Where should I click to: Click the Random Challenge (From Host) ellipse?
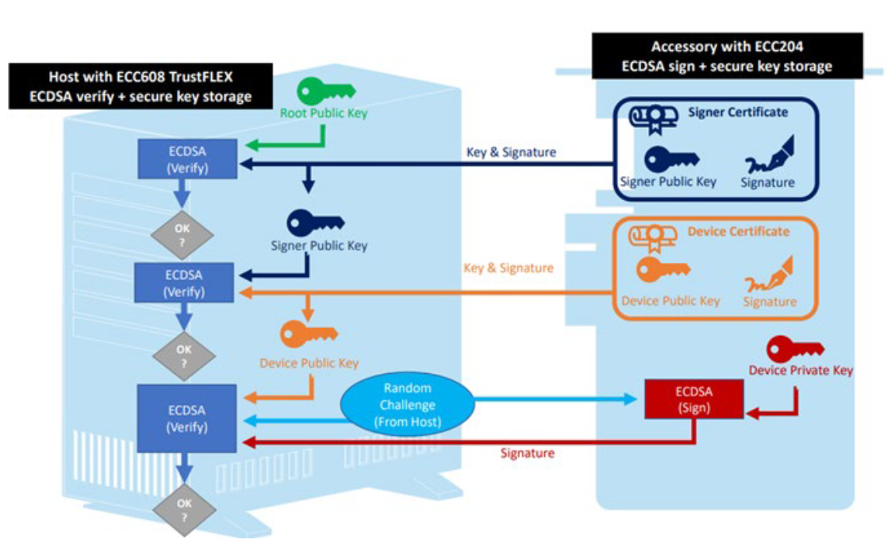point(408,405)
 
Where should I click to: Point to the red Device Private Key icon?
point(795,350)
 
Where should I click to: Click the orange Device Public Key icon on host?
point(309,333)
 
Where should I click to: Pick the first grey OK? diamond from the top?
point(184,234)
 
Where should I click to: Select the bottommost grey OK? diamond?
point(184,508)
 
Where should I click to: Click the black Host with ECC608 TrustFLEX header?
point(140,87)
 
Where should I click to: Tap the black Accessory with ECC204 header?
point(727,56)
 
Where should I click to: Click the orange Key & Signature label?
point(508,268)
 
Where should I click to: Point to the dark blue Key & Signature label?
point(512,152)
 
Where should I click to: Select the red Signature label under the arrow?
point(527,453)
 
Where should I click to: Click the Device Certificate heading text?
point(738,232)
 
